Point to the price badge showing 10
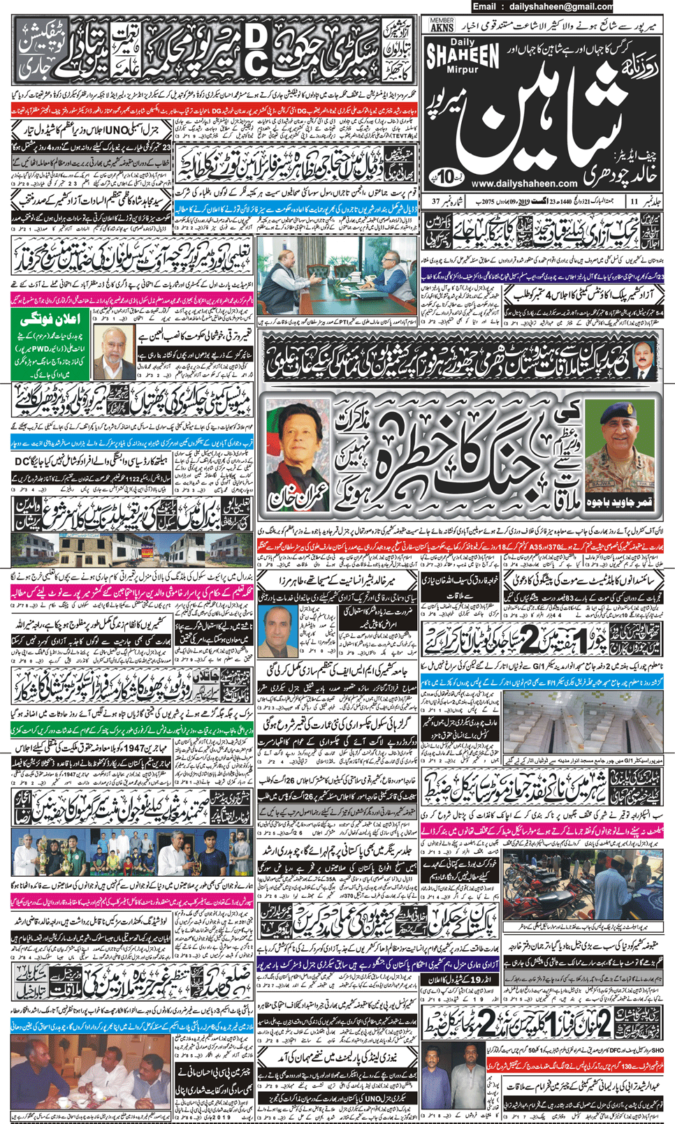[445, 174]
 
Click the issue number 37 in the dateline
[436, 201]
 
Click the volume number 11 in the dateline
[634, 201]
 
